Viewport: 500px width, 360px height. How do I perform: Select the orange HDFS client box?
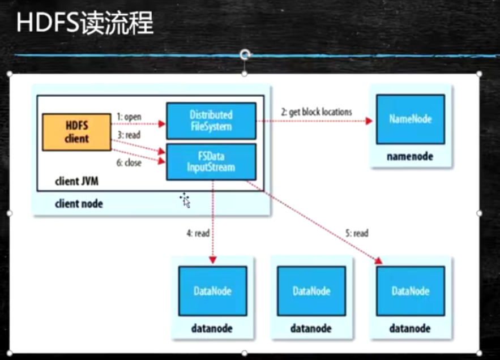[x=77, y=132]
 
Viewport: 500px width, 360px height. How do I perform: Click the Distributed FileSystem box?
[x=211, y=121]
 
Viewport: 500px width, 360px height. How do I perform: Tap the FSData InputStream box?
[x=211, y=161]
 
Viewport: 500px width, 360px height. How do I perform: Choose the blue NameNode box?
[x=410, y=119]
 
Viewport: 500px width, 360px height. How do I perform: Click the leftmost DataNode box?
[x=212, y=291]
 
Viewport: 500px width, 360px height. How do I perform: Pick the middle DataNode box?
[x=311, y=291]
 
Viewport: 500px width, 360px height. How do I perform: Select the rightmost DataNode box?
[x=411, y=291]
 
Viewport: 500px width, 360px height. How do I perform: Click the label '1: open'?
[x=130, y=117]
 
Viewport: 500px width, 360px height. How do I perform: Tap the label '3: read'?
[x=130, y=135]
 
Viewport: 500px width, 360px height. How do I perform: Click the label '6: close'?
[x=130, y=163]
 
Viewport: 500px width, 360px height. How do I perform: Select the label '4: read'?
[x=198, y=233]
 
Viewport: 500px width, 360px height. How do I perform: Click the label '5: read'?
[x=357, y=233]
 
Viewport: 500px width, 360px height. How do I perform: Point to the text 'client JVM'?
[x=78, y=182]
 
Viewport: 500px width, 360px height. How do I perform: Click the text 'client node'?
[x=79, y=203]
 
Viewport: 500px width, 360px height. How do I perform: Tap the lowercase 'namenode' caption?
[x=410, y=156]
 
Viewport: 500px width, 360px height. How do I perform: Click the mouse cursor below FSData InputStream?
[x=185, y=199]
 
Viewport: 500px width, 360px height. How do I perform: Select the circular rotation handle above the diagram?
[x=245, y=54]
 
